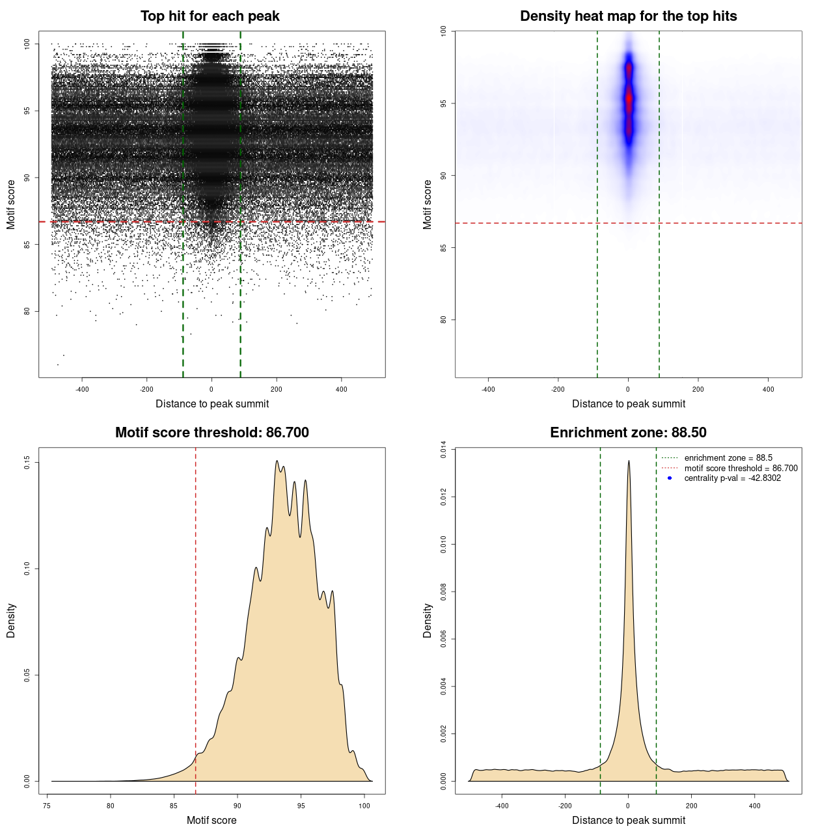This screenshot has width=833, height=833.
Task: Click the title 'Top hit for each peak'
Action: [x=210, y=16]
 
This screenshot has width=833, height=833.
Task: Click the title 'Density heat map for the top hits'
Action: [x=628, y=16]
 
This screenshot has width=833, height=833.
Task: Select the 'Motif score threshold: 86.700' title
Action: [x=212, y=433]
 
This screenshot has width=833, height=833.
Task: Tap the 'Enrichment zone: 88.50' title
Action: [x=628, y=433]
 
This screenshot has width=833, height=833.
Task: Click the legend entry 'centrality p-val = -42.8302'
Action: [x=732, y=478]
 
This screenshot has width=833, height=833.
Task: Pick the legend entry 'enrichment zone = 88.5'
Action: [x=728, y=458]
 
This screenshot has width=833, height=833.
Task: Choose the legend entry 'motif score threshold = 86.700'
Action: [x=741, y=469]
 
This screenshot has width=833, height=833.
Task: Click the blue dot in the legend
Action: [x=670, y=478]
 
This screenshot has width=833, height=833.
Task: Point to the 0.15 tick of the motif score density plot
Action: [x=27, y=463]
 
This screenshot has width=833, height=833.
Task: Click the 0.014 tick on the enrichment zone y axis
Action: [x=444, y=450]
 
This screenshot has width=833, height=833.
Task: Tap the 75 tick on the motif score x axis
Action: [x=47, y=806]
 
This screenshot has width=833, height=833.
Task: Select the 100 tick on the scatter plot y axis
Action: [x=27, y=44]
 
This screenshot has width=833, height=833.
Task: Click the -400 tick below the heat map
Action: [x=488, y=389]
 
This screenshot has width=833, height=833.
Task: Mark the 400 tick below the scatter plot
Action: [x=342, y=389]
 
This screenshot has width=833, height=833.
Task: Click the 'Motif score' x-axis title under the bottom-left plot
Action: [x=212, y=820]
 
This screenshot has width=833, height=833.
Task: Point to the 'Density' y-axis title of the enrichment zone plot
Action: [x=428, y=620]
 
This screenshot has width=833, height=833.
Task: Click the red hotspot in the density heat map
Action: [x=629, y=99]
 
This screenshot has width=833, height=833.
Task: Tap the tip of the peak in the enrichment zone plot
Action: [x=629, y=461]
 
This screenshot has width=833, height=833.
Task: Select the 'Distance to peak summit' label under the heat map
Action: [x=629, y=403]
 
